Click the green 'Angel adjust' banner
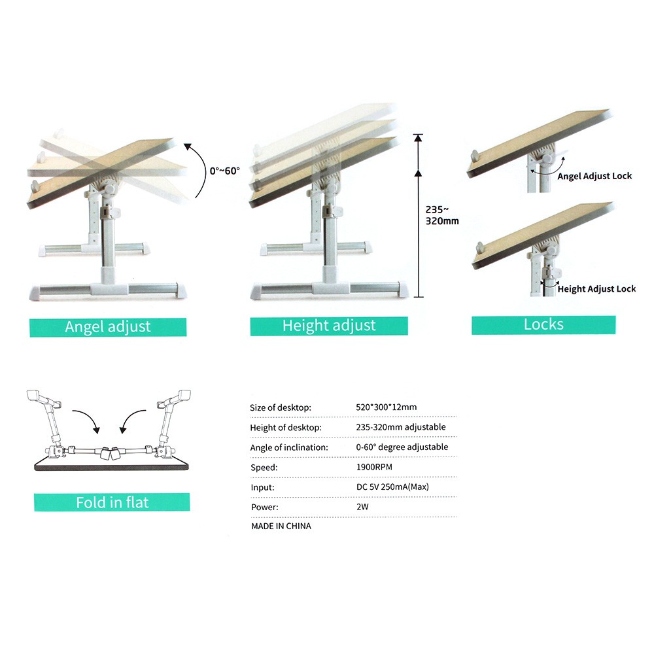point(108,327)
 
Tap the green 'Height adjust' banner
point(329,326)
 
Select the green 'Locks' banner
point(543,325)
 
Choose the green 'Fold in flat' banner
point(112,502)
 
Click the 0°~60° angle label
point(225,171)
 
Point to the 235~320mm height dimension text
point(442,215)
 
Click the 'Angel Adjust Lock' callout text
point(594,177)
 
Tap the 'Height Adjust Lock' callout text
point(596,289)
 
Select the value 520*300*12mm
point(387,407)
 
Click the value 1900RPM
point(374,467)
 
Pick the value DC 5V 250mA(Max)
point(392,487)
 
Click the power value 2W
point(362,507)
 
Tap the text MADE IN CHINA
point(281,526)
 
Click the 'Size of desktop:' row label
point(281,408)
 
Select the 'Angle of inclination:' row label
point(289,447)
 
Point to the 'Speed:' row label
point(264,468)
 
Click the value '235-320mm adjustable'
point(401,427)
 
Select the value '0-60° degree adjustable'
point(402,447)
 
